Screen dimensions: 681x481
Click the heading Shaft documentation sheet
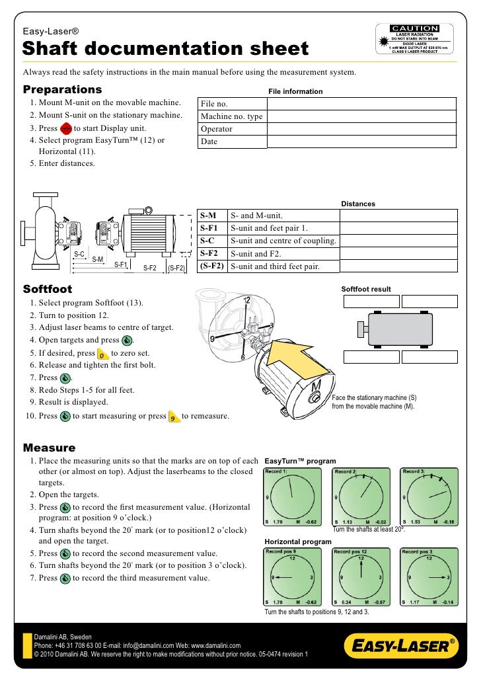pos(166,49)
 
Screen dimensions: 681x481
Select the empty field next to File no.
pos(361,104)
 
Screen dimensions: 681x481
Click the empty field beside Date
pos(361,141)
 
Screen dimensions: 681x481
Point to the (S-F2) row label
pos(212,266)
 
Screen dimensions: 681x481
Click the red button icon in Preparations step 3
pos(65,128)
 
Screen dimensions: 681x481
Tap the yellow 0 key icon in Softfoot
pos(102,353)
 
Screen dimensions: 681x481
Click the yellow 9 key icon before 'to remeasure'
pos(172,417)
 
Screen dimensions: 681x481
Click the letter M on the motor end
pos(318,385)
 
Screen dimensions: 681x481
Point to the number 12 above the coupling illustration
pos(246,301)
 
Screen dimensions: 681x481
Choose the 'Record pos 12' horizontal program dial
pos(360,577)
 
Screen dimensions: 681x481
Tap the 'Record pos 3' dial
pos(428,577)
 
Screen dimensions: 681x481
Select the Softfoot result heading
pos(365,289)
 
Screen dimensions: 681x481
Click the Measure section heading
pos(50,448)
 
